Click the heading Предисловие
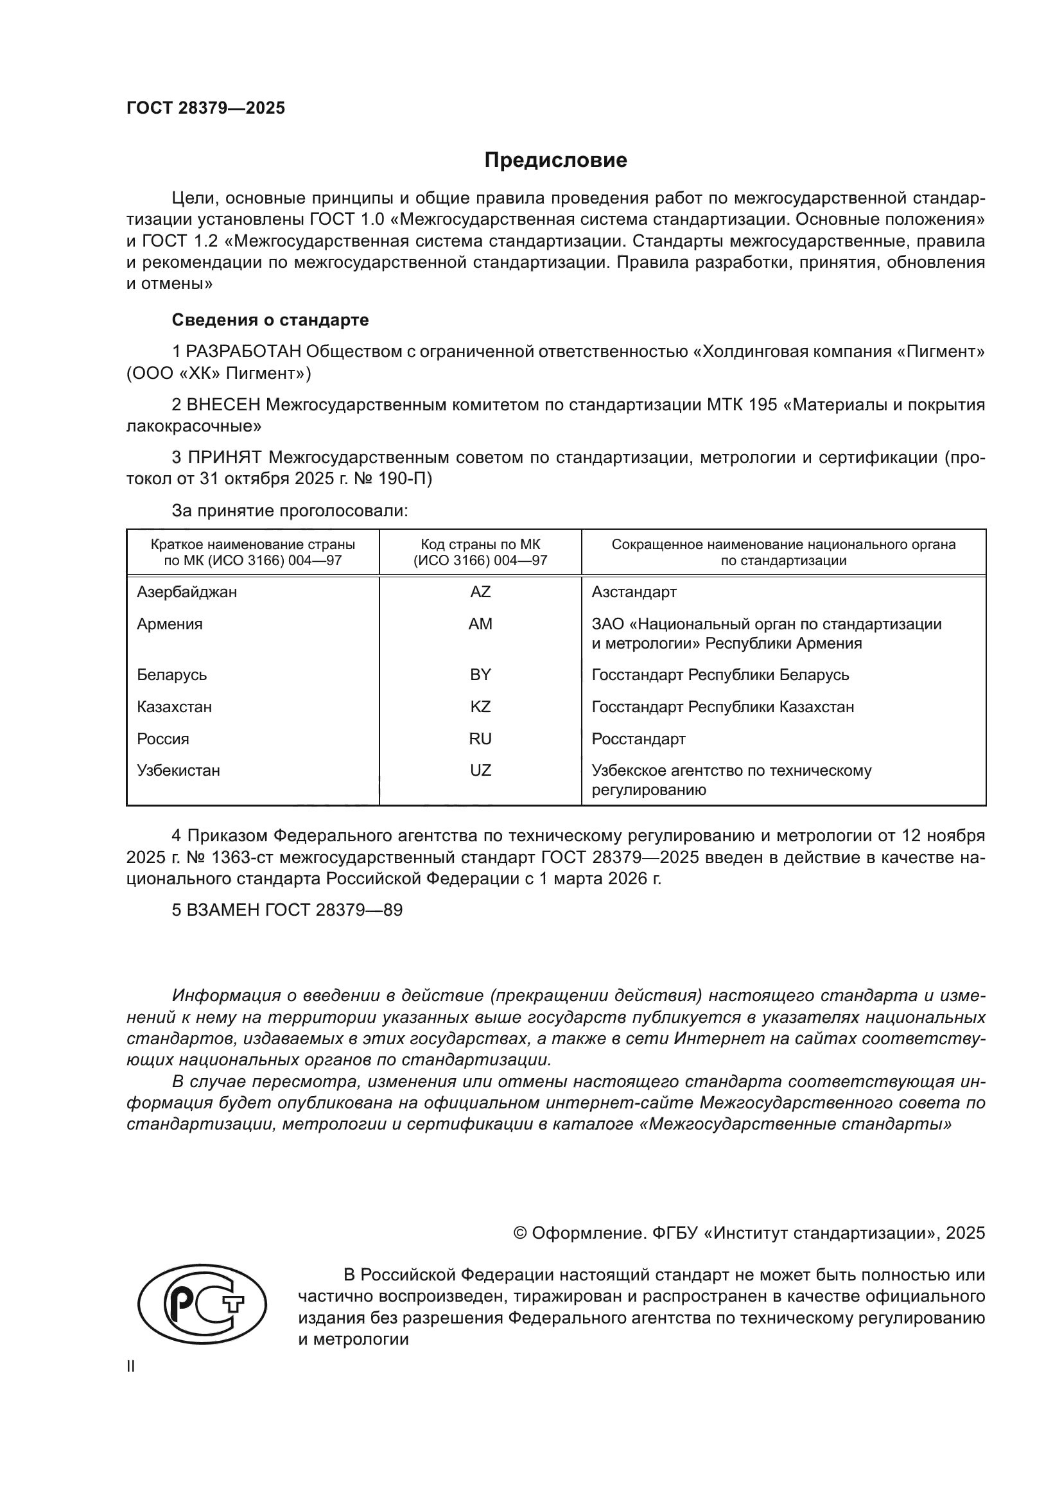[555, 161]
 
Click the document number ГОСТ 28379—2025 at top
[205, 108]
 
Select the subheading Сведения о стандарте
[270, 320]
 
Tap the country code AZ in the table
[480, 592]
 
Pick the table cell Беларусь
[172, 674]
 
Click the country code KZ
[480, 706]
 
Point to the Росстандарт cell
[638, 738]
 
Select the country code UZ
[480, 770]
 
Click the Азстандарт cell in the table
[634, 592]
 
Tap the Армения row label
[170, 624]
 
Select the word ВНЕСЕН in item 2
[223, 405]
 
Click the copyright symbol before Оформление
[520, 1233]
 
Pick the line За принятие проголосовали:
[290, 511]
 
